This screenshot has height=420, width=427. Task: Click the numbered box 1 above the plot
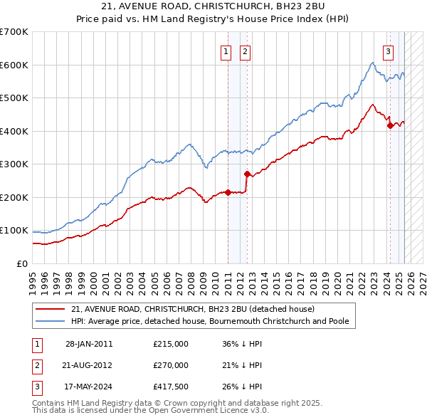pos(226,51)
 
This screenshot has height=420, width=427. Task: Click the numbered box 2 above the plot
pos(244,51)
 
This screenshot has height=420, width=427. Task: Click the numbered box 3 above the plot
pos(389,51)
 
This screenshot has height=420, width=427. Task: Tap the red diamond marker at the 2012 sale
pos(246,174)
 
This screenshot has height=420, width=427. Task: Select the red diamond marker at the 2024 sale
pos(389,126)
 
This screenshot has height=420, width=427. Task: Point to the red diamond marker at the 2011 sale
pos(228,192)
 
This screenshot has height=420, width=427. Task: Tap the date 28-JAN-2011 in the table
pos(88,344)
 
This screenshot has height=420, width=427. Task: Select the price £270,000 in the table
pos(171,365)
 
